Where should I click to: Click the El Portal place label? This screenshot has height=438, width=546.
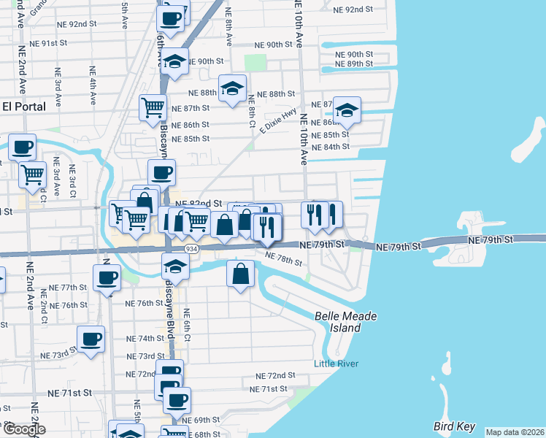pyautogui.click(x=24, y=107)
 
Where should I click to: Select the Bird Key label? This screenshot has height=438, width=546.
pyautogui.click(x=453, y=426)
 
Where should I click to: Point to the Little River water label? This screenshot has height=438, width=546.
pyautogui.click(x=336, y=364)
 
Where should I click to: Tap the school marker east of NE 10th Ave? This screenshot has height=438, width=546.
pyautogui.click(x=347, y=110)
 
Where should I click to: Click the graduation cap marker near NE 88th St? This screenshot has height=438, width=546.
pyautogui.click(x=232, y=88)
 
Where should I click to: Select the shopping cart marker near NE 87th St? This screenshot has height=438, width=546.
pyautogui.click(x=153, y=107)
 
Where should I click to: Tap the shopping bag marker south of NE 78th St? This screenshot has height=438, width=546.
pyautogui.click(x=240, y=274)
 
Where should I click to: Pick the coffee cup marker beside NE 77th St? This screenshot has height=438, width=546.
pyautogui.click(x=107, y=277)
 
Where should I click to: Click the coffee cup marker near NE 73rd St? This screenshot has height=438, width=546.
pyautogui.click(x=91, y=339)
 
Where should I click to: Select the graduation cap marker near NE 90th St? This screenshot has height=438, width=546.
pyautogui.click(x=174, y=62)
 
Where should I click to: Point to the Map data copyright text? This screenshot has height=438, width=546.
pyautogui.click(x=514, y=432)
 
